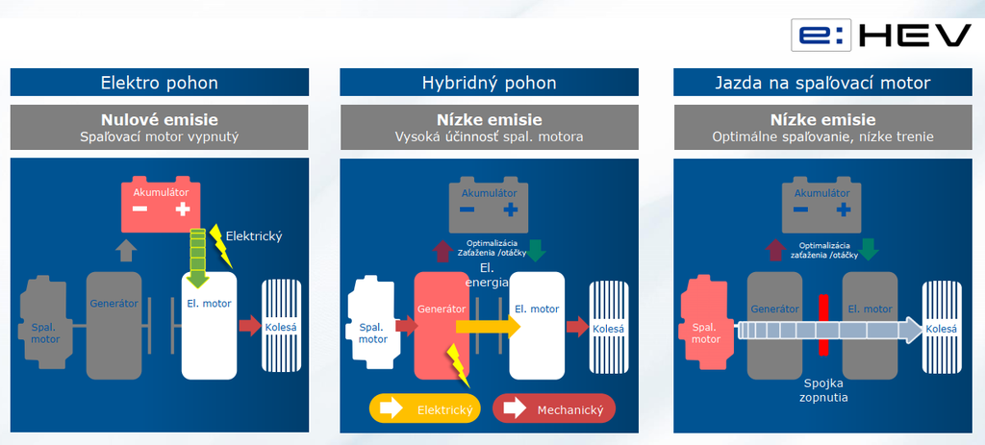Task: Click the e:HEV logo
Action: point(881,36)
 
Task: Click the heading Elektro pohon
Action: point(159,83)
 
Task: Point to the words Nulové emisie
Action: point(159,120)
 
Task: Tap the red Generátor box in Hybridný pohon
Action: point(441,325)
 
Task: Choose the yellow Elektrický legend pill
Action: point(423,409)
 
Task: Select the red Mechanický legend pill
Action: point(552,409)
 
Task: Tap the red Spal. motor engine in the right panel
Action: point(705,325)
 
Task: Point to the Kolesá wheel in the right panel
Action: point(941,328)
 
